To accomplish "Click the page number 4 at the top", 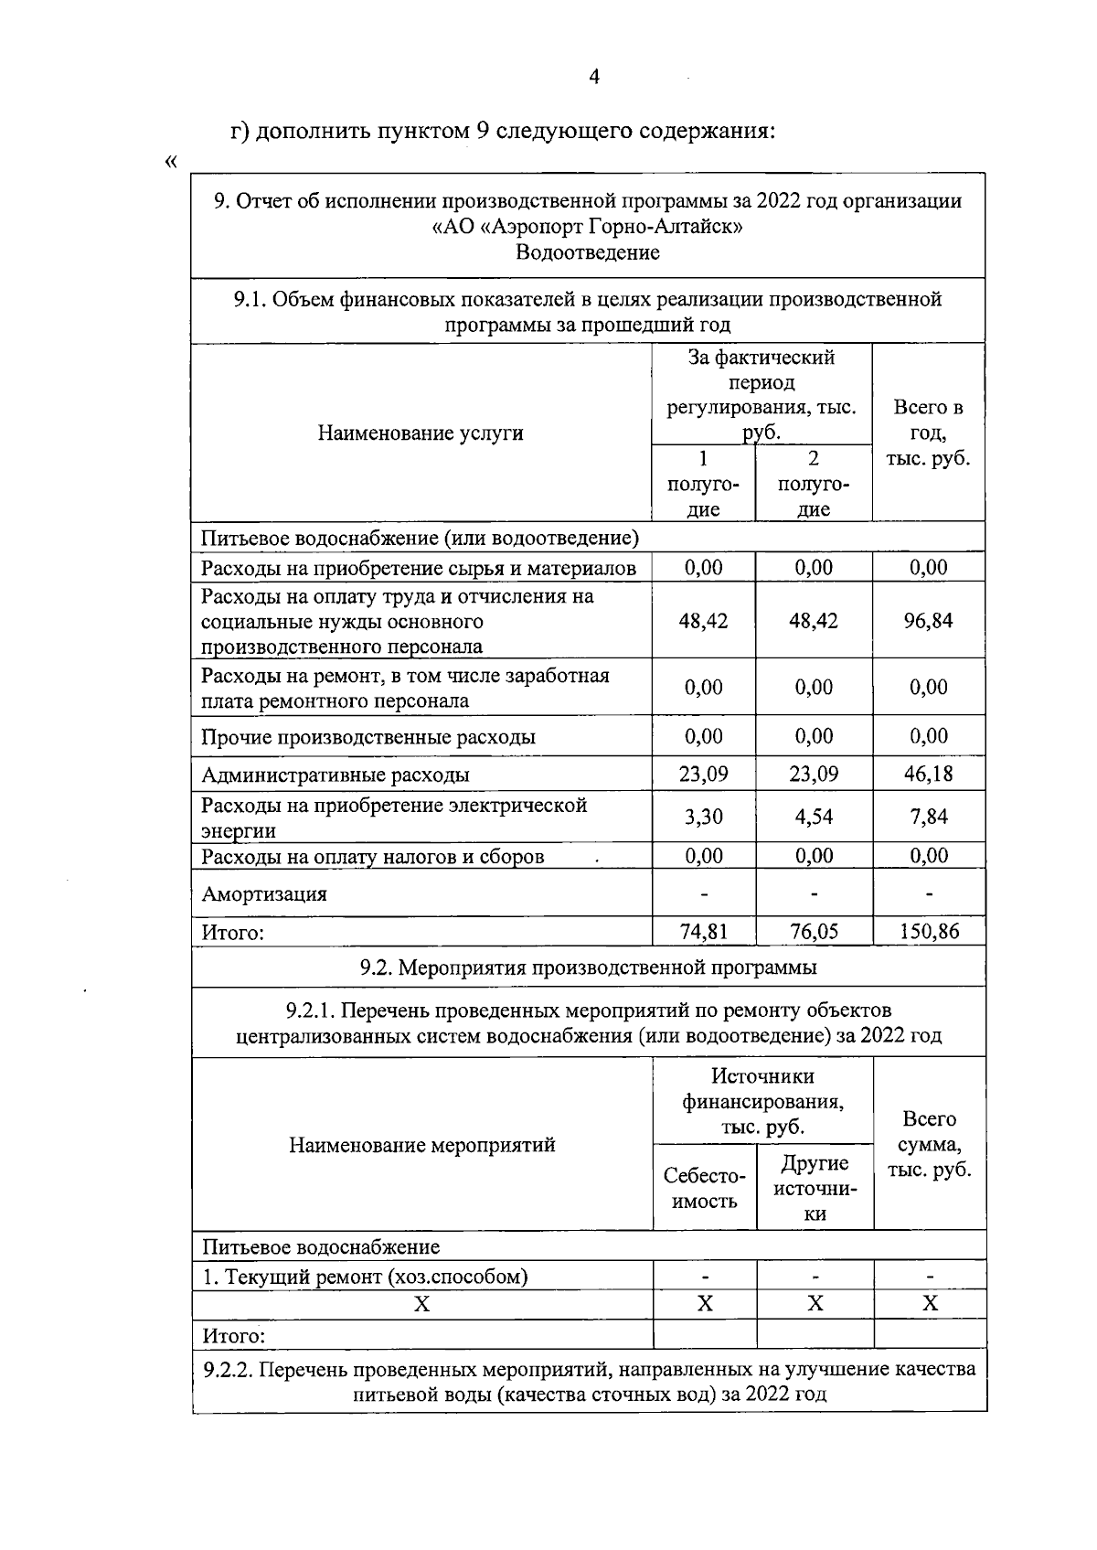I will (x=594, y=78).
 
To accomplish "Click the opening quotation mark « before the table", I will (x=171, y=163).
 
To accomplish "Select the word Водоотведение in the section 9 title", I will (x=587, y=252).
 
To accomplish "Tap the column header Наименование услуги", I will (x=421, y=433).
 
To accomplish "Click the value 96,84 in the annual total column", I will (x=928, y=621).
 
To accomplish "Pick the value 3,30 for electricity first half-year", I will (x=703, y=817).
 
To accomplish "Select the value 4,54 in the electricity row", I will (x=814, y=817).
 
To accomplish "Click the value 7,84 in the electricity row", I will (x=928, y=817).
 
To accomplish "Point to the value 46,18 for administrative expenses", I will (x=928, y=775).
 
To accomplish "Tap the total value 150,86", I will (x=928, y=932).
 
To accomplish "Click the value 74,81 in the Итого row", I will (x=703, y=932).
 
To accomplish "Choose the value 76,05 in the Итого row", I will (x=814, y=932).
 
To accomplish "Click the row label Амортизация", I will (x=263, y=894).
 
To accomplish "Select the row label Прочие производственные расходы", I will (x=367, y=737).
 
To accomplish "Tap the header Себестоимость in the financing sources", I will (x=704, y=1189).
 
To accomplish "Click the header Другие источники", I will (x=815, y=1189).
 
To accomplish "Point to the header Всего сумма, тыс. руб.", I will (x=929, y=1145).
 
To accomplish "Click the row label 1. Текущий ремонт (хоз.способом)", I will (x=364, y=1277).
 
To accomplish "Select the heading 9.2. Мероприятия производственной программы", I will (x=588, y=967).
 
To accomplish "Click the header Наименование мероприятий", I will (x=421, y=1145).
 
